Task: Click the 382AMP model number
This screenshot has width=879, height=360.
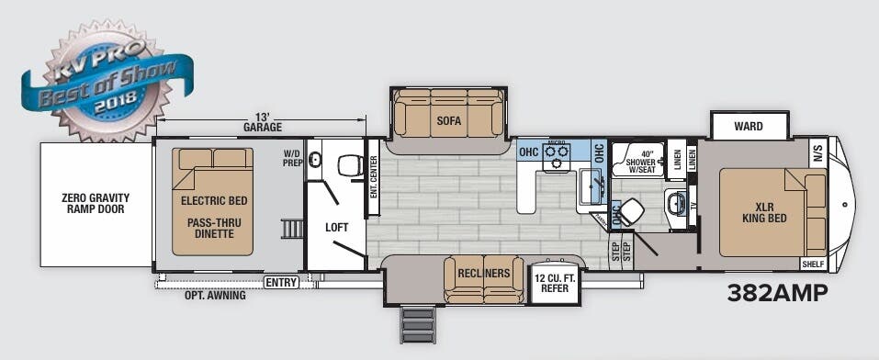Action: tap(777, 293)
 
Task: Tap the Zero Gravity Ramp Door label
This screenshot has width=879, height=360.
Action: tap(96, 203)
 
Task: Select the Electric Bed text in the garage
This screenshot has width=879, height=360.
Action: tap(214, 200)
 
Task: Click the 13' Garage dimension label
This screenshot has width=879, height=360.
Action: tap(262, 121)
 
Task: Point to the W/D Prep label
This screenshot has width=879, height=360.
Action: tap(292, 159)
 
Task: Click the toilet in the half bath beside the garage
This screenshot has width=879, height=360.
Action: tap(349, 165)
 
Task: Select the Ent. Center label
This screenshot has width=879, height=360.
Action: tap(373, 178)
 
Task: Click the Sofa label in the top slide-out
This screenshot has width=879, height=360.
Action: tap(448, 120)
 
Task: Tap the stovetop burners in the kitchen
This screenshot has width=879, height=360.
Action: tap(557, 156)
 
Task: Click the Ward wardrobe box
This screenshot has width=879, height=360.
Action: tap(749, 127)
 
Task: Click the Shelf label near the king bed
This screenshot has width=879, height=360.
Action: tap(813, 264)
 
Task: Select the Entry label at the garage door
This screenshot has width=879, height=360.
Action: tap(281, 283)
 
